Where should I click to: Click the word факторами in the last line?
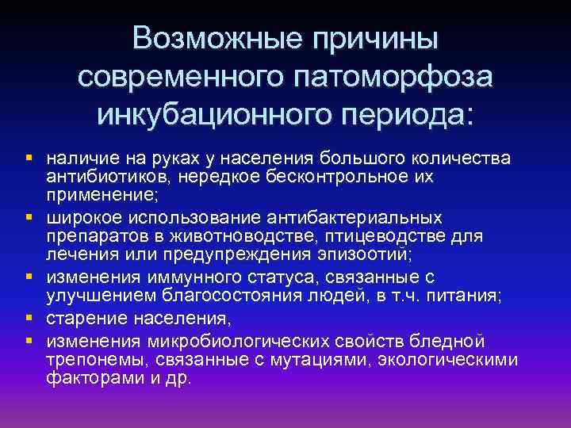pos(87,379)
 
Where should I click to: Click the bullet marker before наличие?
pos(28,155)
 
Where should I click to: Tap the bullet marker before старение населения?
pos(28,319)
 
